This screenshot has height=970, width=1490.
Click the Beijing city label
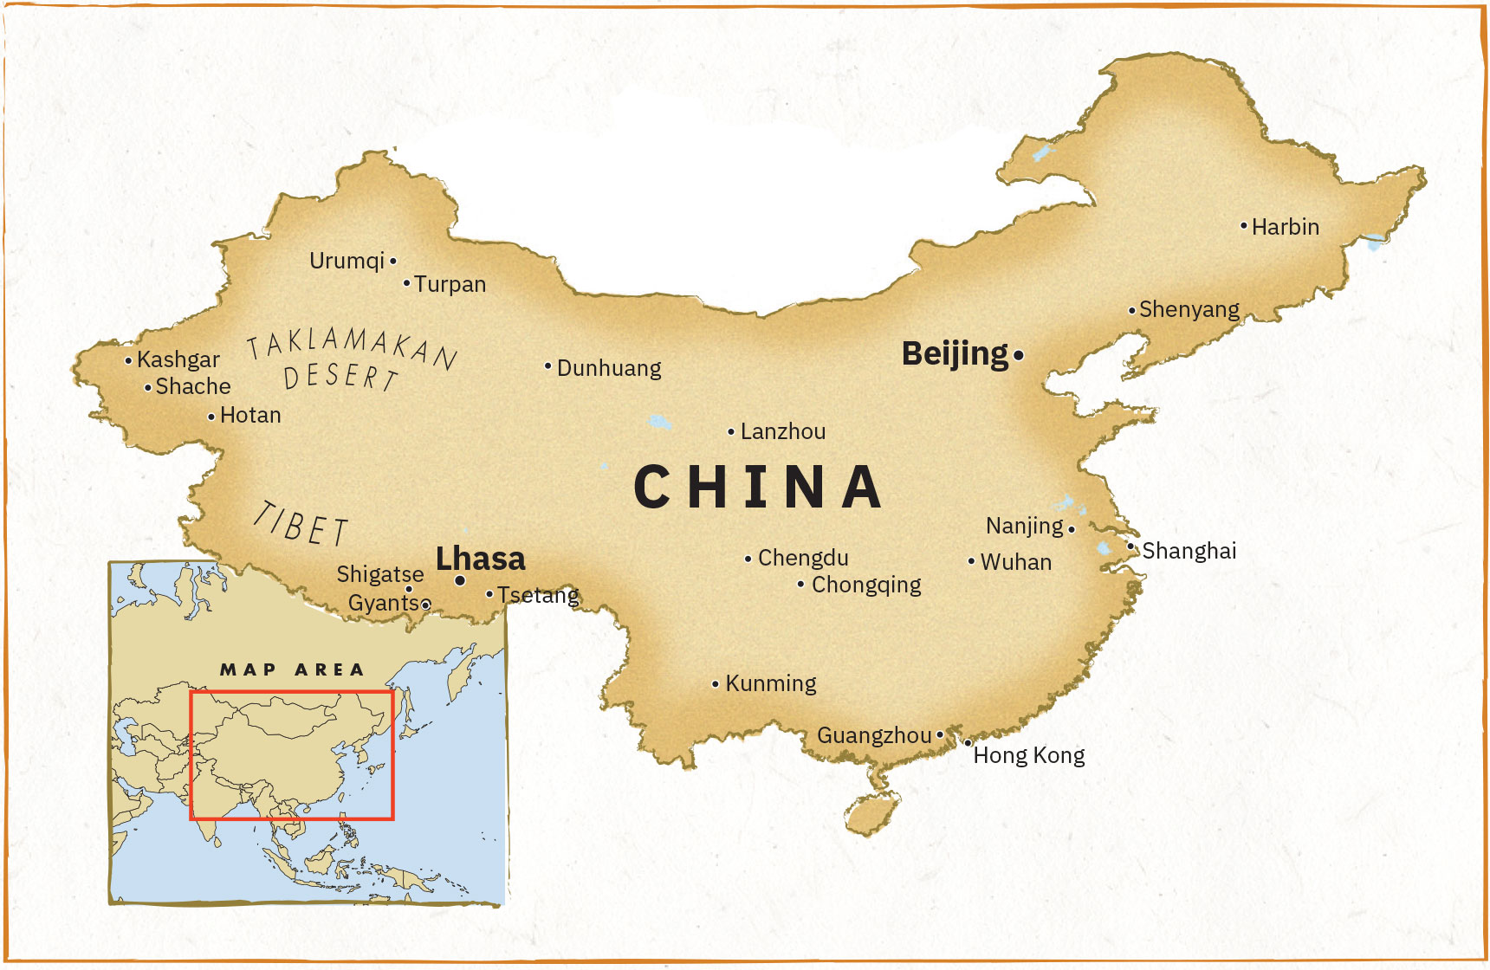[x=955, y=354]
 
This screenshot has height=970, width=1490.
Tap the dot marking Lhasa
[x=460, y=580]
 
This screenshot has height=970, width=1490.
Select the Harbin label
[x=1286, y=227]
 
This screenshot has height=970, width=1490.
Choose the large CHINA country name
[x=758, y=487]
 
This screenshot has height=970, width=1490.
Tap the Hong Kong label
[x=1029, y=755]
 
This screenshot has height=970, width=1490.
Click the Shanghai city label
[x=1189, y=551]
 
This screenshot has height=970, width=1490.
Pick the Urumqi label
[x=347, y=261]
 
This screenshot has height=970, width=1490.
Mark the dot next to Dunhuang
[x=548, y=366]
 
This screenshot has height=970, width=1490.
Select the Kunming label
[x=771, y=683]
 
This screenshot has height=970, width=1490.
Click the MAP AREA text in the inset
[x=292, y=669]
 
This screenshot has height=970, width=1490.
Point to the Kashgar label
[x=178, y=359]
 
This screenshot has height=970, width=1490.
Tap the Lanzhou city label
[x=783, y=431]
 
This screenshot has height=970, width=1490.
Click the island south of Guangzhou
[x=872, y=813]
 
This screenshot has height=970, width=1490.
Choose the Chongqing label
[x=866, y=585]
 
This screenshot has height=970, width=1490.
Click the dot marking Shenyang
[x=1132, y=310]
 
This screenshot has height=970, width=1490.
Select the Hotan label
[x=250, y=415]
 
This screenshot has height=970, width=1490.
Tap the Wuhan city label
[x=1016, y=562]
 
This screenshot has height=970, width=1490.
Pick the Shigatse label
[x=380, y=574]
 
